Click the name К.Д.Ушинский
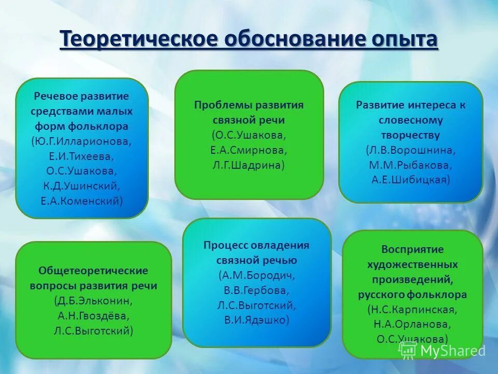pos(82,185)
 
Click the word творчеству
pos(410,135)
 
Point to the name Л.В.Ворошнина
pos(410,150)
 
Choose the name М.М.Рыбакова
pos(410,165)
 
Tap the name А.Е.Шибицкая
pos(410,180)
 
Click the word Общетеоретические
pos(93,271)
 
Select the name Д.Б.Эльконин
pos(93,300)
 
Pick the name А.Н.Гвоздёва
pos(93,315)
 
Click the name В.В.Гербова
pos(256,290)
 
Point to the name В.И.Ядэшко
pos(256,319)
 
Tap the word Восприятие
pos(412,249)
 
